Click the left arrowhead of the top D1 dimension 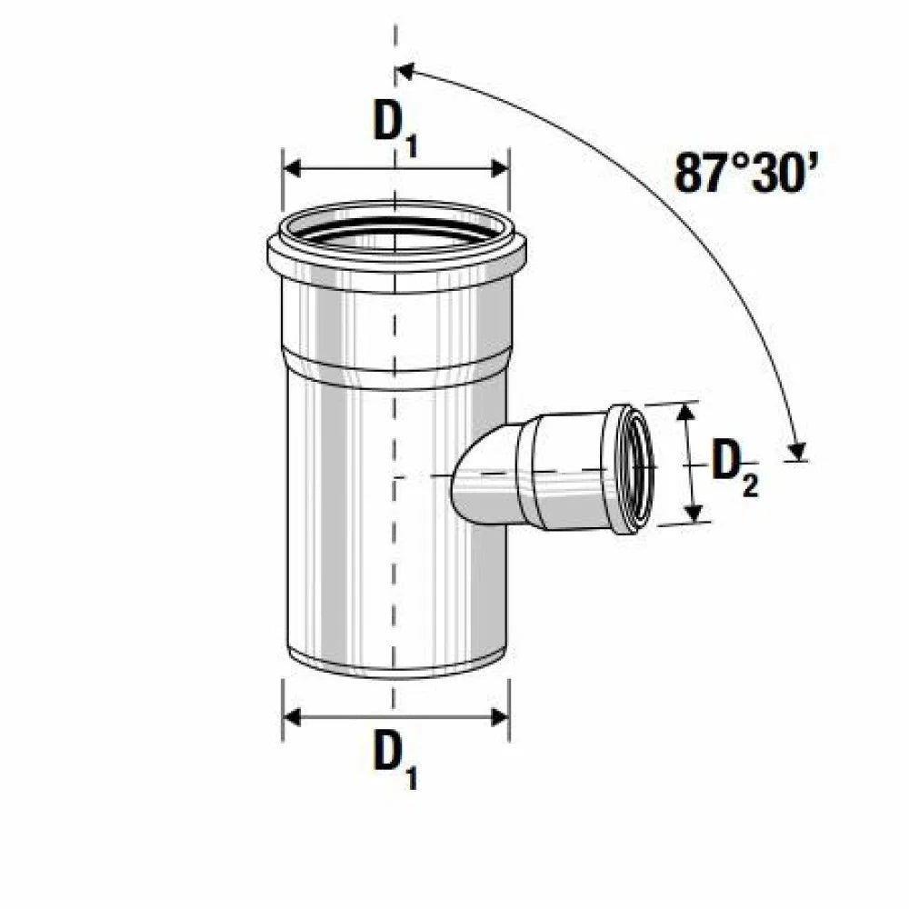[x=292, y=169]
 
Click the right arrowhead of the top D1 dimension [x=500, y=169]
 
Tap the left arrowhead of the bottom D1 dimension [x=292, y=717]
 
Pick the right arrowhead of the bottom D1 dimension [x=500, y=717]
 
